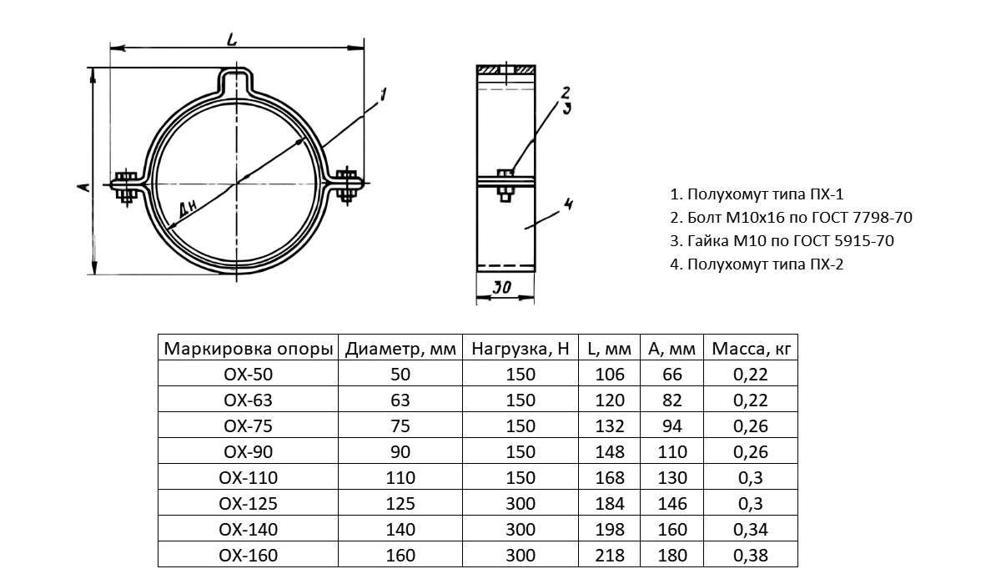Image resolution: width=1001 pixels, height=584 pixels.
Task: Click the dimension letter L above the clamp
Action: click(x=232, y=39)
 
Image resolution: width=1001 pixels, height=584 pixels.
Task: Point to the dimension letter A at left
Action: click(x=83, y=187)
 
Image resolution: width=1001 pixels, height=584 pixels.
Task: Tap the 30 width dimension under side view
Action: click(x=502, y=287)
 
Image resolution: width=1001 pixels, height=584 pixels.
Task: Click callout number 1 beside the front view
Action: click(x=383, y=95)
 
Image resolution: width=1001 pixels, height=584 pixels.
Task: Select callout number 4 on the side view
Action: click(x=568, y=204)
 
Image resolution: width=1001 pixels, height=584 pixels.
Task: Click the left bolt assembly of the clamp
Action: click(x=126, y=187)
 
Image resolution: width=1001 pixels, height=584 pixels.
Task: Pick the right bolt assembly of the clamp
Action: click(x=347, y=185)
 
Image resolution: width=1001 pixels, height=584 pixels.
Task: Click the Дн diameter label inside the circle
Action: click(x=187, y=209)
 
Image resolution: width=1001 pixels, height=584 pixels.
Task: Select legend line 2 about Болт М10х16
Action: click(x=791, y=217)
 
